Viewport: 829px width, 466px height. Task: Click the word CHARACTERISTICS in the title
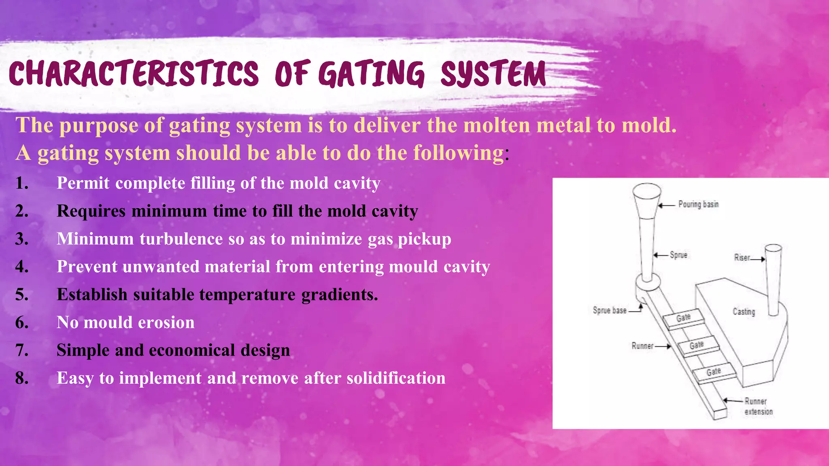[134, 74]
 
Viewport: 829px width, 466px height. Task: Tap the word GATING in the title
[371, 74]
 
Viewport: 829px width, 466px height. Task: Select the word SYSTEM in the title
[493, 74]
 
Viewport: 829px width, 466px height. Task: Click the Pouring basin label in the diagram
[698, 204]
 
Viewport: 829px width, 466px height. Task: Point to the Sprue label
[678, 255]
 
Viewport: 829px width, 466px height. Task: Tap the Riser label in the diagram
[742, 258]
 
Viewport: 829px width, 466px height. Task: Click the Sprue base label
[610, 310]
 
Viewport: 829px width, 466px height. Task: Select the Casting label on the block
[744, 311]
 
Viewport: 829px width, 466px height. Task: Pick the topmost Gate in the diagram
[683, 318]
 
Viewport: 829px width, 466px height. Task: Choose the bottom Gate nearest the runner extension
[714, 372]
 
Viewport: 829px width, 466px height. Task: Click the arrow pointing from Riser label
[758, 259]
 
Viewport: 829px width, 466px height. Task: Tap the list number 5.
[22, 295]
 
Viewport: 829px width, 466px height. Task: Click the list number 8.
[22, 378]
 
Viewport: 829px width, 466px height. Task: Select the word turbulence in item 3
[181, 239]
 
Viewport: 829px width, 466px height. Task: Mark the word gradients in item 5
[340, 295]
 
